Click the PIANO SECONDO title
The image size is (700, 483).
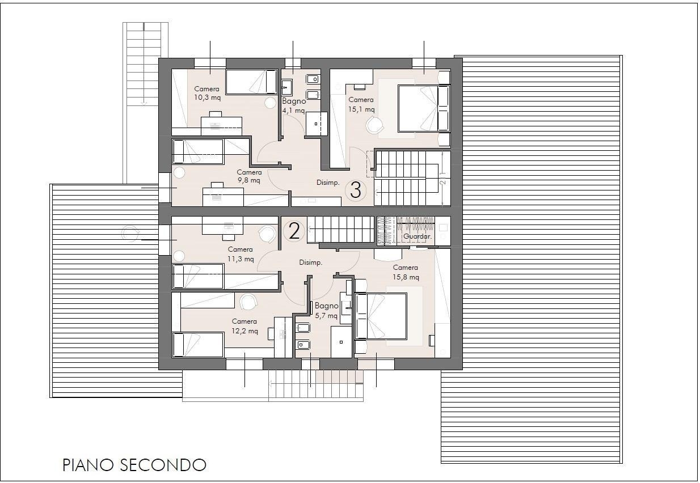pos(134,465)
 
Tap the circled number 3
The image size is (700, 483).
pos(356,190)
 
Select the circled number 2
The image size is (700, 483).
pos(294,231)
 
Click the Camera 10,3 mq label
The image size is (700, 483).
pos(207,93)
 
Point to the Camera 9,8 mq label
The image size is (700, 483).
pos(249,176)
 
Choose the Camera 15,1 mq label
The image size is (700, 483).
pos(361,104)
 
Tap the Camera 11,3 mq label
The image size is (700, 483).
pos(241,254)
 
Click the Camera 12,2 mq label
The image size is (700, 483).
pos(244,326)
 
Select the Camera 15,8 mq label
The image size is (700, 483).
pos(406,272)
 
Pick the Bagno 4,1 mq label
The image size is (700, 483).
pos(294,105)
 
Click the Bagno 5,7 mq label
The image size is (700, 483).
pos(326,310)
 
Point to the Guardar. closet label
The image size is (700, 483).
pos(418,236)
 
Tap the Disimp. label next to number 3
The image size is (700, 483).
pos(328,183)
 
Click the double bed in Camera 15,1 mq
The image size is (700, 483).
pos(424,108)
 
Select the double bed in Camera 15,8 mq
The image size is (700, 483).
pos(381,316)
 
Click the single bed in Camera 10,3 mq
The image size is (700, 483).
pos(251,82)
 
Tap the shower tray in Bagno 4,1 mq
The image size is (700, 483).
pos(317,124)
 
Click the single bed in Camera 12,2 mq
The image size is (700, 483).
pos(198,345)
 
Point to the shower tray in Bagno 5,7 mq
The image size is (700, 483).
pos(341,342)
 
